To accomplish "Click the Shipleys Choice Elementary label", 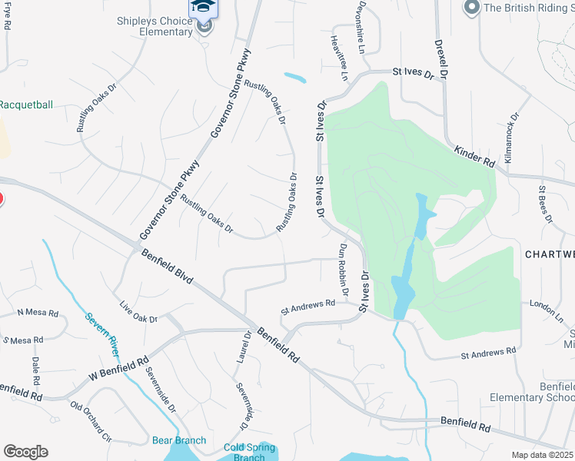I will click(x=155, y=26).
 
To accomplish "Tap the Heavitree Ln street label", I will click(x=339, y=58).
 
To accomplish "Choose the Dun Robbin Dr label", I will click(x=344, y=270).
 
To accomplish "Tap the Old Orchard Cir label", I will click(x=91, y=420).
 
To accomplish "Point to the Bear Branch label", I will click(x=179, y=440).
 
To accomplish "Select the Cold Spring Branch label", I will click(x=244, y=453).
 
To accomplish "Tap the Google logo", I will click(x=26, y=452).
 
